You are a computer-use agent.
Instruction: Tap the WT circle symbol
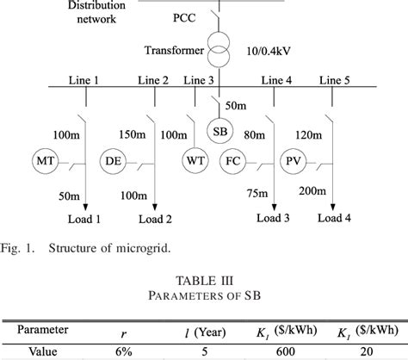pyautogui.click(x=194, y=159)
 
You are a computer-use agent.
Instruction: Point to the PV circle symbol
pyautogui.click(x=293, y=159)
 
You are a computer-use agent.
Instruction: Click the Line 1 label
pyautogui.click(x=84, y=80)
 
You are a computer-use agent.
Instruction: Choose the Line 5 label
pyautogui.click(x=337, y=80)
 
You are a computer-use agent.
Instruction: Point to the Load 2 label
pyautogui.click(x=155, y=220)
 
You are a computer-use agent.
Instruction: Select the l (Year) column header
pyautogui.click(x=205, y=330)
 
